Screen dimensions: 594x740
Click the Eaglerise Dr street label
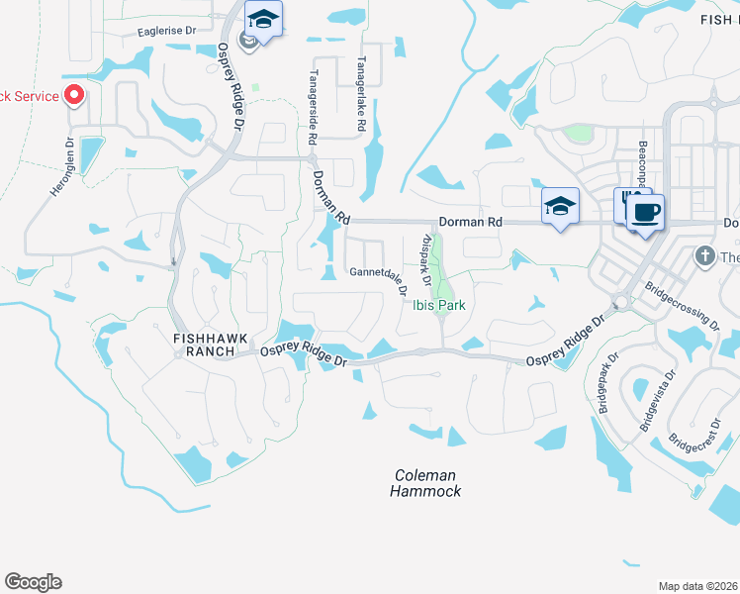pyautogui.click(x=167, y=32)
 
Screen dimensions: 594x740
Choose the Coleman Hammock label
pyautogui.click(x=425, y=483)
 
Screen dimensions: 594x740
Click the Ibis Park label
pyautogui.click(x=439, y=305)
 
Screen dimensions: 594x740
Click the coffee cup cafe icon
pyautogui.click(x=645, y=213)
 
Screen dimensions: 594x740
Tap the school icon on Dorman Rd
pyautogui.click(x=560, y=206)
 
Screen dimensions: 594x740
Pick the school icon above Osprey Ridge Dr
pyautogui.click(x=264, y=19)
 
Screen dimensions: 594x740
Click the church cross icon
pyautogui.click(x=704, y=256)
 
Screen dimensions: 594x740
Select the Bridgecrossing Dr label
pyautogui.click(x=683, y=308)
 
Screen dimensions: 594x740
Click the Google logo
pyautogui.click(x=33, y=582)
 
